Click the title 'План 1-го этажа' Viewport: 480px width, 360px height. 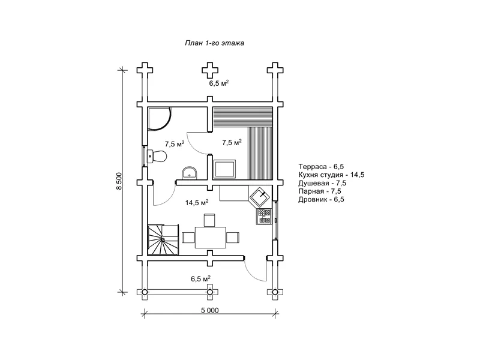click(214, 43)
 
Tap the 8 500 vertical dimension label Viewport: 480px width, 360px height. click(119, 181)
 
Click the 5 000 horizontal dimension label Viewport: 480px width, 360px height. click(210, 310)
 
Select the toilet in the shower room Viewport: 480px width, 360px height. click(157, 156)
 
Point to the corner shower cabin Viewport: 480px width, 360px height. click(158, 119)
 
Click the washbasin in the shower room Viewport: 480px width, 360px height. click(190, 173)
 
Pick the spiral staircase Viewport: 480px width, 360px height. click(163, 239)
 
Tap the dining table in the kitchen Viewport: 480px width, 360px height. click(211, 238)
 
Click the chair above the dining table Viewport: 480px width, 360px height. click(210, 220)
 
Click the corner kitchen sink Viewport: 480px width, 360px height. click(261, 196)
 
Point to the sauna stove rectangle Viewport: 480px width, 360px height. click(224, 169)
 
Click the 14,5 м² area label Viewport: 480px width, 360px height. click(197, 202)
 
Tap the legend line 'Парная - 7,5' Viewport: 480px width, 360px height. click(320, 191)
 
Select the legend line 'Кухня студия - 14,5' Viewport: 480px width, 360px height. click(332, 175)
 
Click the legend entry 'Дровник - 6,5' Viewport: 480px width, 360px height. click(322, 200)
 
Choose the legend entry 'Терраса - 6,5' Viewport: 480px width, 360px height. click(322, 167)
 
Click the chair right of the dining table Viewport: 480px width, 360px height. click(233, 238)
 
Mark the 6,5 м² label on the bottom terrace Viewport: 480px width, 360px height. click(200, 279)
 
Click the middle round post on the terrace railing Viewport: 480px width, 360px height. click(209, 292)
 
